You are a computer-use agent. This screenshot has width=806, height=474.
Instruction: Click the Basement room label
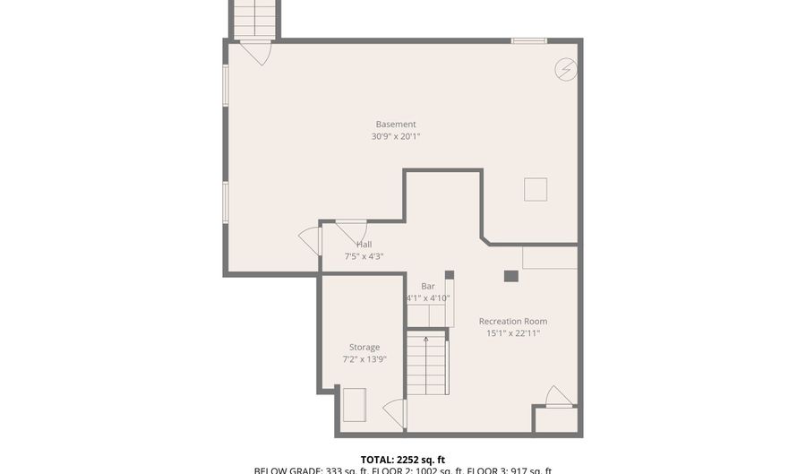[396, 125]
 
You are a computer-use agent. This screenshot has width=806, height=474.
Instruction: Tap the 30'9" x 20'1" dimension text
[396, 137]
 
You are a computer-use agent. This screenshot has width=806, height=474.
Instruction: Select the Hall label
[364, 244]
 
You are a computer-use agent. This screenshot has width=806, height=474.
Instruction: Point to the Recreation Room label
[512, 321]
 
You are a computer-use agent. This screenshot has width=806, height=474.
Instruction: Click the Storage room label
[364, 347]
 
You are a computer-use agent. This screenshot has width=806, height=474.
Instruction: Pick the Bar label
[428, 286]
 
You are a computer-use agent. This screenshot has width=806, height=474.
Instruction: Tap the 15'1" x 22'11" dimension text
[512, 333]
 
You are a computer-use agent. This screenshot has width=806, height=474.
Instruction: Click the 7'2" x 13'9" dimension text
[364, 359]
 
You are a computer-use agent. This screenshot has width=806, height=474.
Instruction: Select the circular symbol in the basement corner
[565, 70]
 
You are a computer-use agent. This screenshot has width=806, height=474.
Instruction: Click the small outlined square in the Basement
[536, 189]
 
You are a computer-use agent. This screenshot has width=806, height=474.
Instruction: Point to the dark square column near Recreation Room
[510, 276]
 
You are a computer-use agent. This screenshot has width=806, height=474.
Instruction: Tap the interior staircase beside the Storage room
[427, 363]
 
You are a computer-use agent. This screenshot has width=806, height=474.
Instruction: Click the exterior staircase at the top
[256, 18]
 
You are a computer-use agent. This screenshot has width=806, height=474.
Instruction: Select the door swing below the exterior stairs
[256, 52]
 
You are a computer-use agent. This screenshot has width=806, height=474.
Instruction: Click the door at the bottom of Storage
[395, 413]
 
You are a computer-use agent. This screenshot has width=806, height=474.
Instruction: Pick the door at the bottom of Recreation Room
[559, 396]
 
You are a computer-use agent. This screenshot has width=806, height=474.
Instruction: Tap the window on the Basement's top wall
[528, 40]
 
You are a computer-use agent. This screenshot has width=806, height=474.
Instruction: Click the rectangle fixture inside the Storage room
[355, 403]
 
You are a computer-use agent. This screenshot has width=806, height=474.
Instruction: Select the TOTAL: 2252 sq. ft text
[402, 459]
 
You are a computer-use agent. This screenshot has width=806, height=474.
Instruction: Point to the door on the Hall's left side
[311, 240]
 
